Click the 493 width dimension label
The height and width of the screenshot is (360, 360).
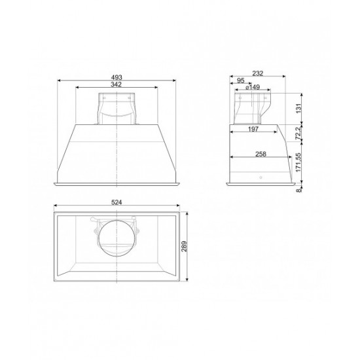(x=117, y=77)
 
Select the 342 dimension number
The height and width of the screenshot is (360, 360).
(x=116, y=84)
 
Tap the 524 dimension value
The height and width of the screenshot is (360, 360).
(x=117, y=202)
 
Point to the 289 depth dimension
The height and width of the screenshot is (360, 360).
(x=185, y=246)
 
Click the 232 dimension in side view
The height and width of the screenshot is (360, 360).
(x=258, y=73)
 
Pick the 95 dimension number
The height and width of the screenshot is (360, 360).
(x=240, y=81)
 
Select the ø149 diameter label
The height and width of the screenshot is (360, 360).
(x=253, y=87)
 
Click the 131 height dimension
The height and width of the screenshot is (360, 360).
(x=298, y=108)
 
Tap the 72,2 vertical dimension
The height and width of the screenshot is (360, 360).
(x=298, y=133)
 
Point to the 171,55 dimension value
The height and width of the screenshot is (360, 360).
(x=298, y=162)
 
